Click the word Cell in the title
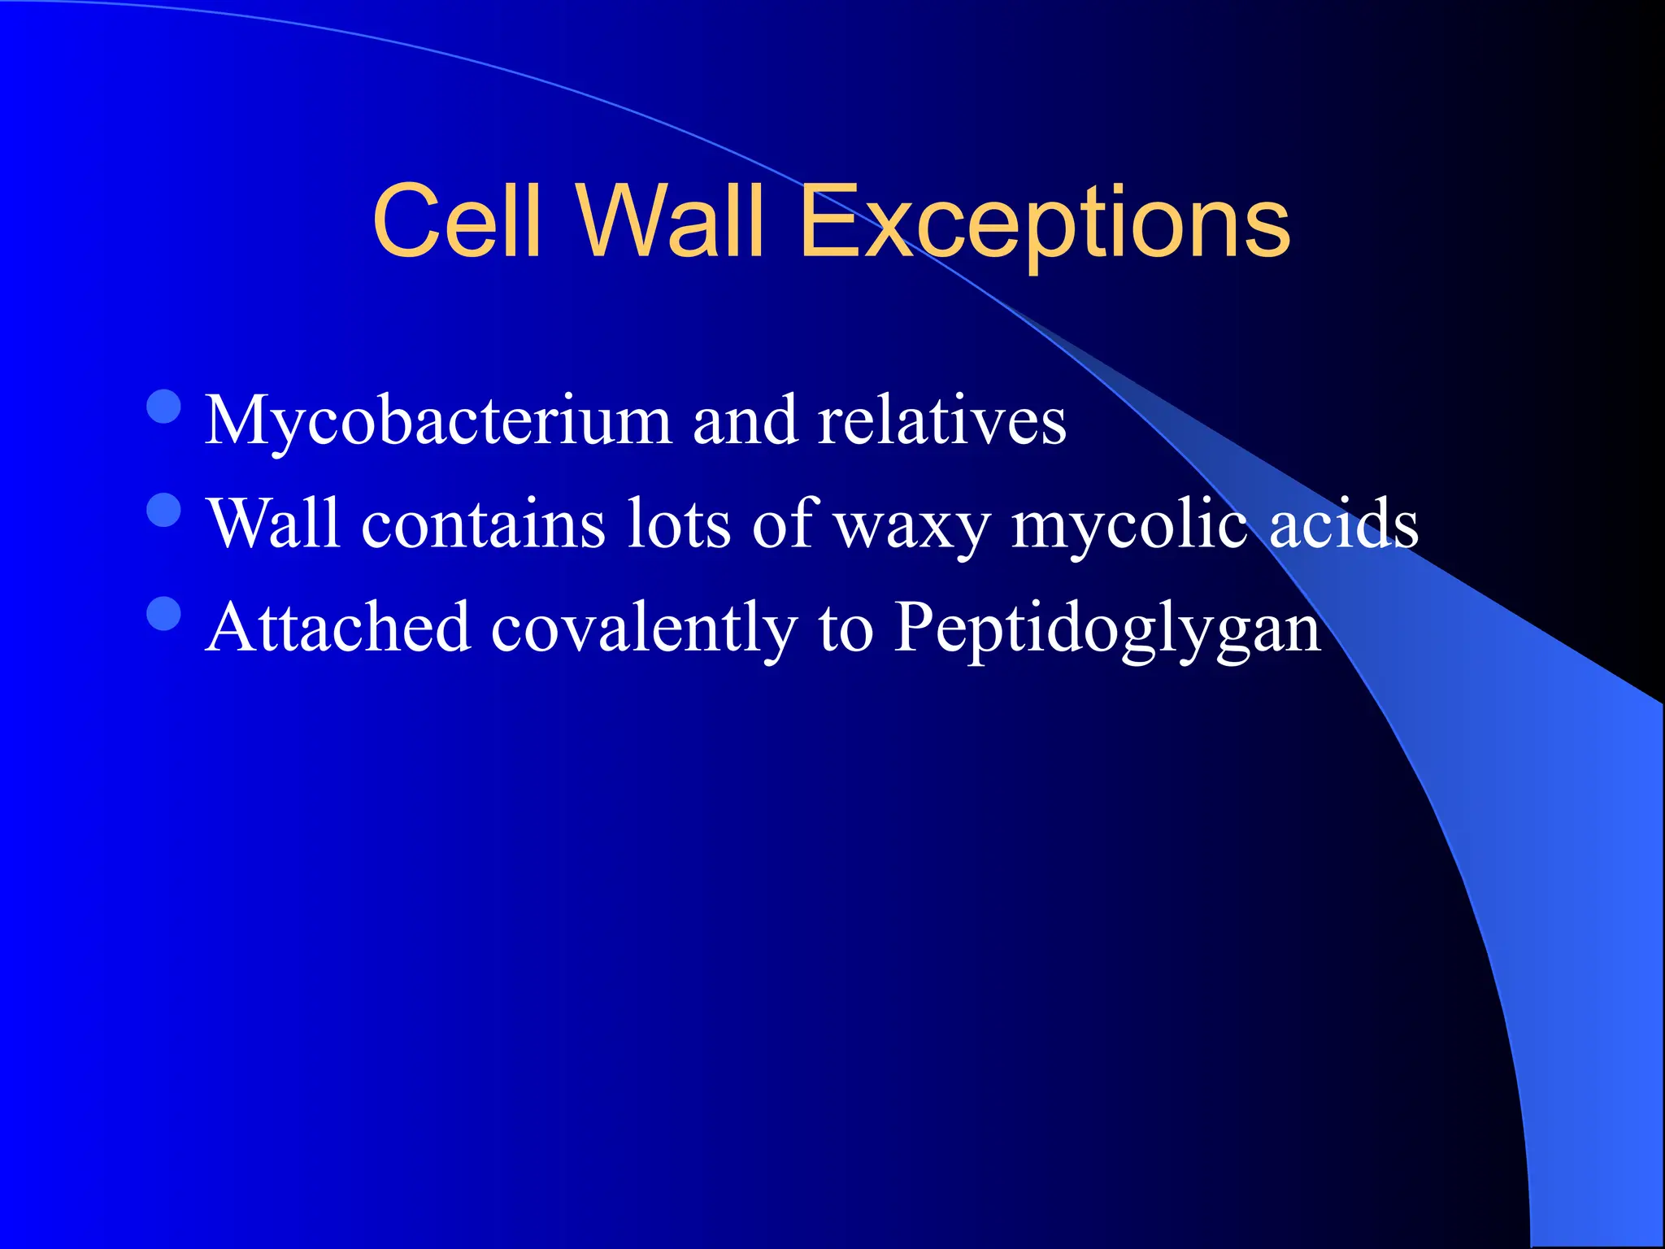457,220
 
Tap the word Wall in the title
671,220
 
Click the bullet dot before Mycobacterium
164,407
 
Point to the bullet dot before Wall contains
164,511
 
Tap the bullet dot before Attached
164,614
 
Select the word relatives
941,420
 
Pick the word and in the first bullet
744,420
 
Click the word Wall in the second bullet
273,524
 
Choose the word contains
484,524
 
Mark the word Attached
338,628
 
